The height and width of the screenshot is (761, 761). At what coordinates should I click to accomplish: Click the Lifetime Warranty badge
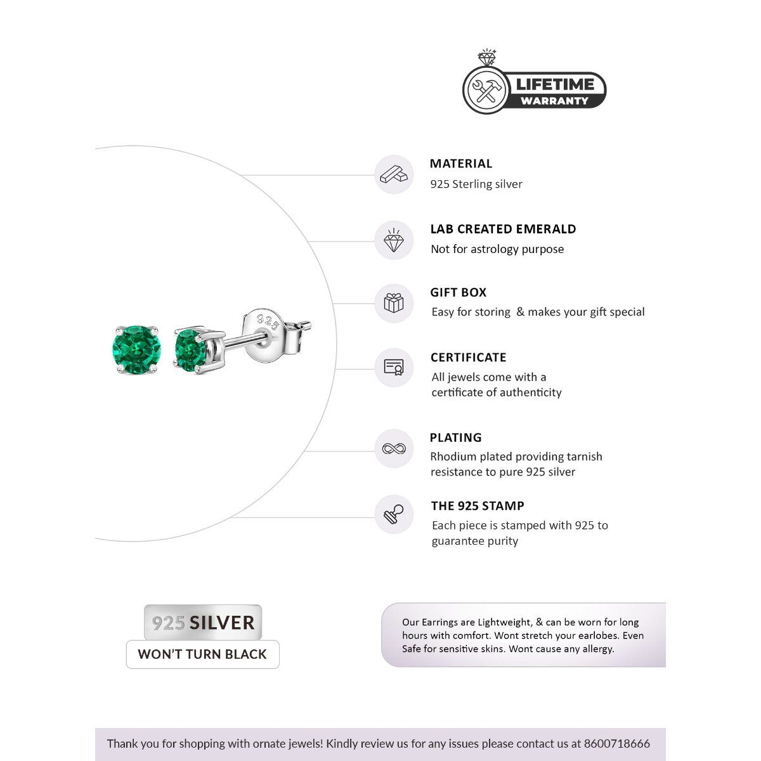(535, 89)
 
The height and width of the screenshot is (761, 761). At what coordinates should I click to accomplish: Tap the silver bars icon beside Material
(394, 174)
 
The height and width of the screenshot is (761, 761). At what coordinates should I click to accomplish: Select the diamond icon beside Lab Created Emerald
(394, 240)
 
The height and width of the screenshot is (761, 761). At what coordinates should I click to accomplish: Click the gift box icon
(394, 303)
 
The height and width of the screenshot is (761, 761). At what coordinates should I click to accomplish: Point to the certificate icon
(394, 368)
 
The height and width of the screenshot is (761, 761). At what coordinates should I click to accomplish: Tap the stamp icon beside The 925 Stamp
(394, 514)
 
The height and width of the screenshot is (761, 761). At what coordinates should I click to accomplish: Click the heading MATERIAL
(460, 164)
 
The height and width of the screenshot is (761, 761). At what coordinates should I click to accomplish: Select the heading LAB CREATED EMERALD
(503, 229)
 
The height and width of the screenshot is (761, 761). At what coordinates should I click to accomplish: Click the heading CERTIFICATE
(468, 357)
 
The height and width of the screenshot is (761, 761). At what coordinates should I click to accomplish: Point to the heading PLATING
(455, 438)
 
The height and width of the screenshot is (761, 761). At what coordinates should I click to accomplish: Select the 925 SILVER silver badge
(203, 623)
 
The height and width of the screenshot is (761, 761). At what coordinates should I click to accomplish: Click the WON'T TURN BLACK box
(202, 654)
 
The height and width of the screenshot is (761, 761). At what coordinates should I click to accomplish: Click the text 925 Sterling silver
(476, 184)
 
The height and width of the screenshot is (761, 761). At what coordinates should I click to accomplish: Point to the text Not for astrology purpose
(497, 249)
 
